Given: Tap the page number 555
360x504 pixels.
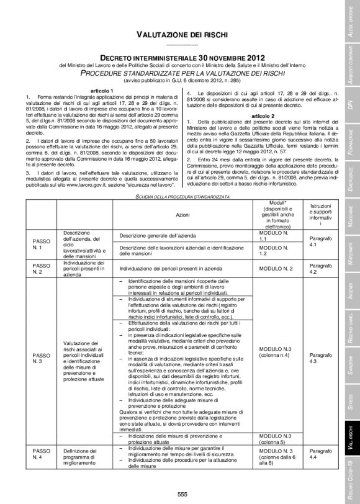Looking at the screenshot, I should click(182, 493).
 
